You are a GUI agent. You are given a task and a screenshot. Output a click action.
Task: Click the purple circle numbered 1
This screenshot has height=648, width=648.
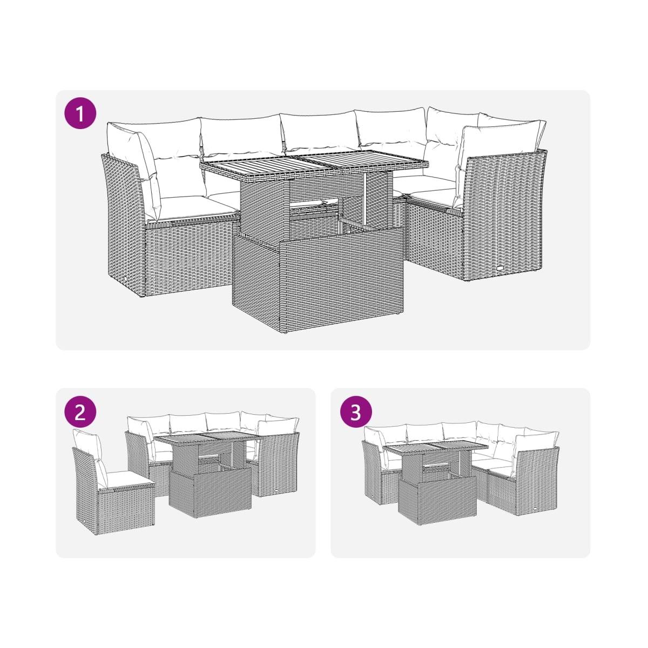(x=80, y=113)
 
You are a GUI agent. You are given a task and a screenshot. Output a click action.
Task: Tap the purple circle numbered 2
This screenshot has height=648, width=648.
(x=80, y=412)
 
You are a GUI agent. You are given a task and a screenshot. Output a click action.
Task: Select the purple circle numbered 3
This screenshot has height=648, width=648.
(x=356, y=412)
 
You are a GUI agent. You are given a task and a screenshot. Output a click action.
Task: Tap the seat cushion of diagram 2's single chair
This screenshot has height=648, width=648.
(x=130, y=477)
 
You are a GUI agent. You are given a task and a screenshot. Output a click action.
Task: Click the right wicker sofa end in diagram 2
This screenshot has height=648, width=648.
(x=279, y=464)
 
